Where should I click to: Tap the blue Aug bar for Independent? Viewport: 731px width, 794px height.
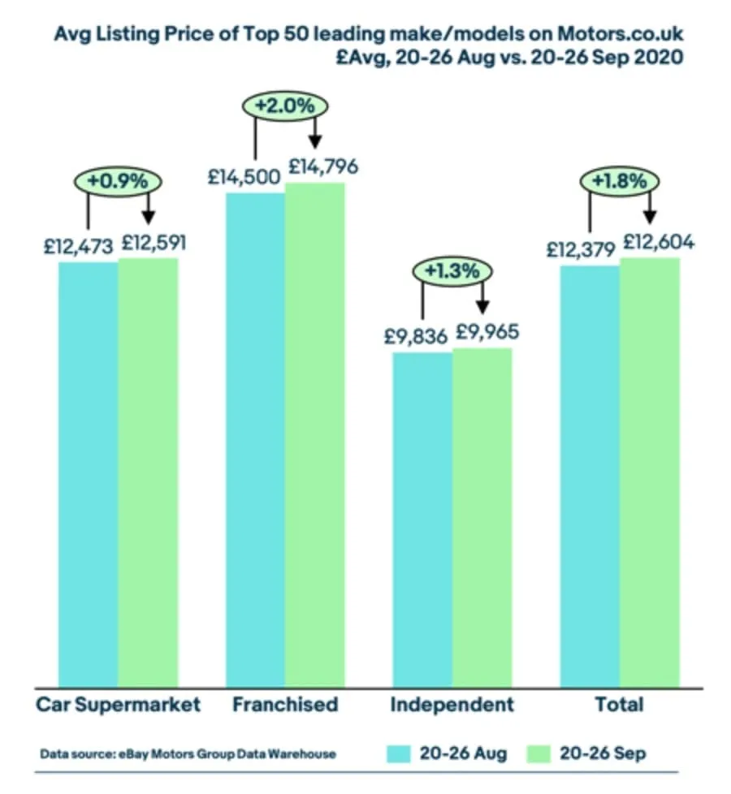[x=422, y=520]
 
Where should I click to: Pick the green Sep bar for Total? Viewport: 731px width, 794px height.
[x=649, y=472]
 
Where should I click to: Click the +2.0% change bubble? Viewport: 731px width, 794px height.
[x=284, y=106]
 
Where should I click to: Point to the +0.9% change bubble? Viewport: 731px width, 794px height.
[x=118, y=180]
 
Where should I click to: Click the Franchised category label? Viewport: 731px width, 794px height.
[x=284, y=704]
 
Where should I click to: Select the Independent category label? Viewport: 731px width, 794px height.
[x=452, y=704]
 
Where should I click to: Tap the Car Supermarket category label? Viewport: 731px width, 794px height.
[x=118, y=704]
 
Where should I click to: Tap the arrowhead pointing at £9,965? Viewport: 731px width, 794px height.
[x=482, y=308]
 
